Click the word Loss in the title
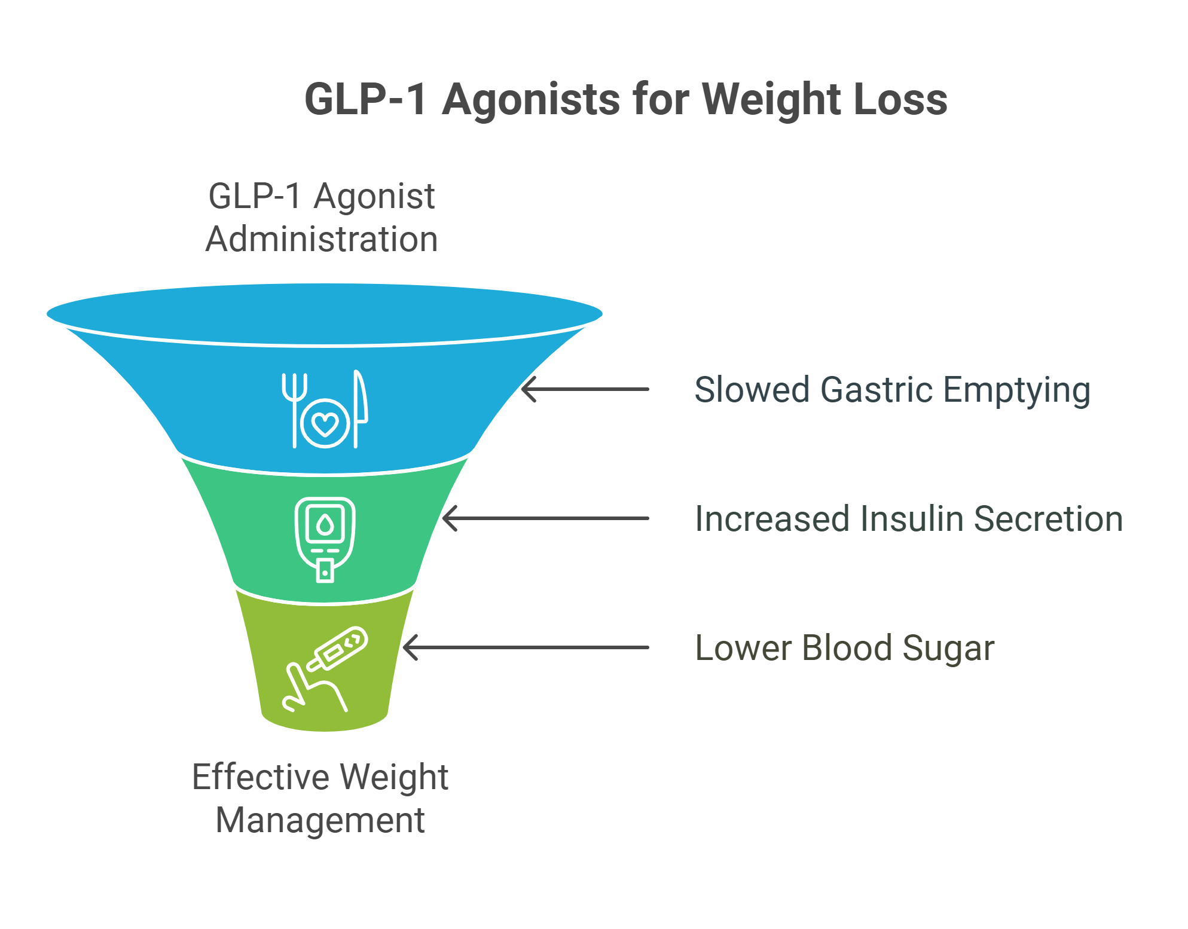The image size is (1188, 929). coord(901,99)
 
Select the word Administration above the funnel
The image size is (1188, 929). coord(322,239)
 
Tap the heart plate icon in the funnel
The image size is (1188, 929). coord(325,423)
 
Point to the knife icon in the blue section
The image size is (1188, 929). coord(361,409)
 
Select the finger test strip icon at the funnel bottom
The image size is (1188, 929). coord(325,669)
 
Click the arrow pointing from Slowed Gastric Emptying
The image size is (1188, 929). coord(585,389)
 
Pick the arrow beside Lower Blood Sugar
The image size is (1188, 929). coord(526,647)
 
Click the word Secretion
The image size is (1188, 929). coord(1049,518)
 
